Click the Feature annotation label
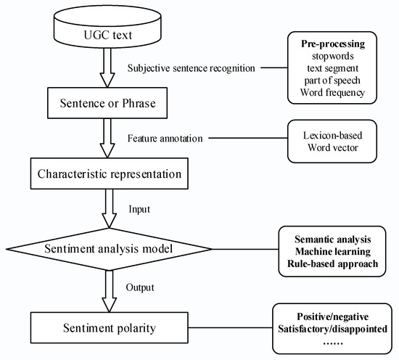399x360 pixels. click(x=163, y=138)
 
